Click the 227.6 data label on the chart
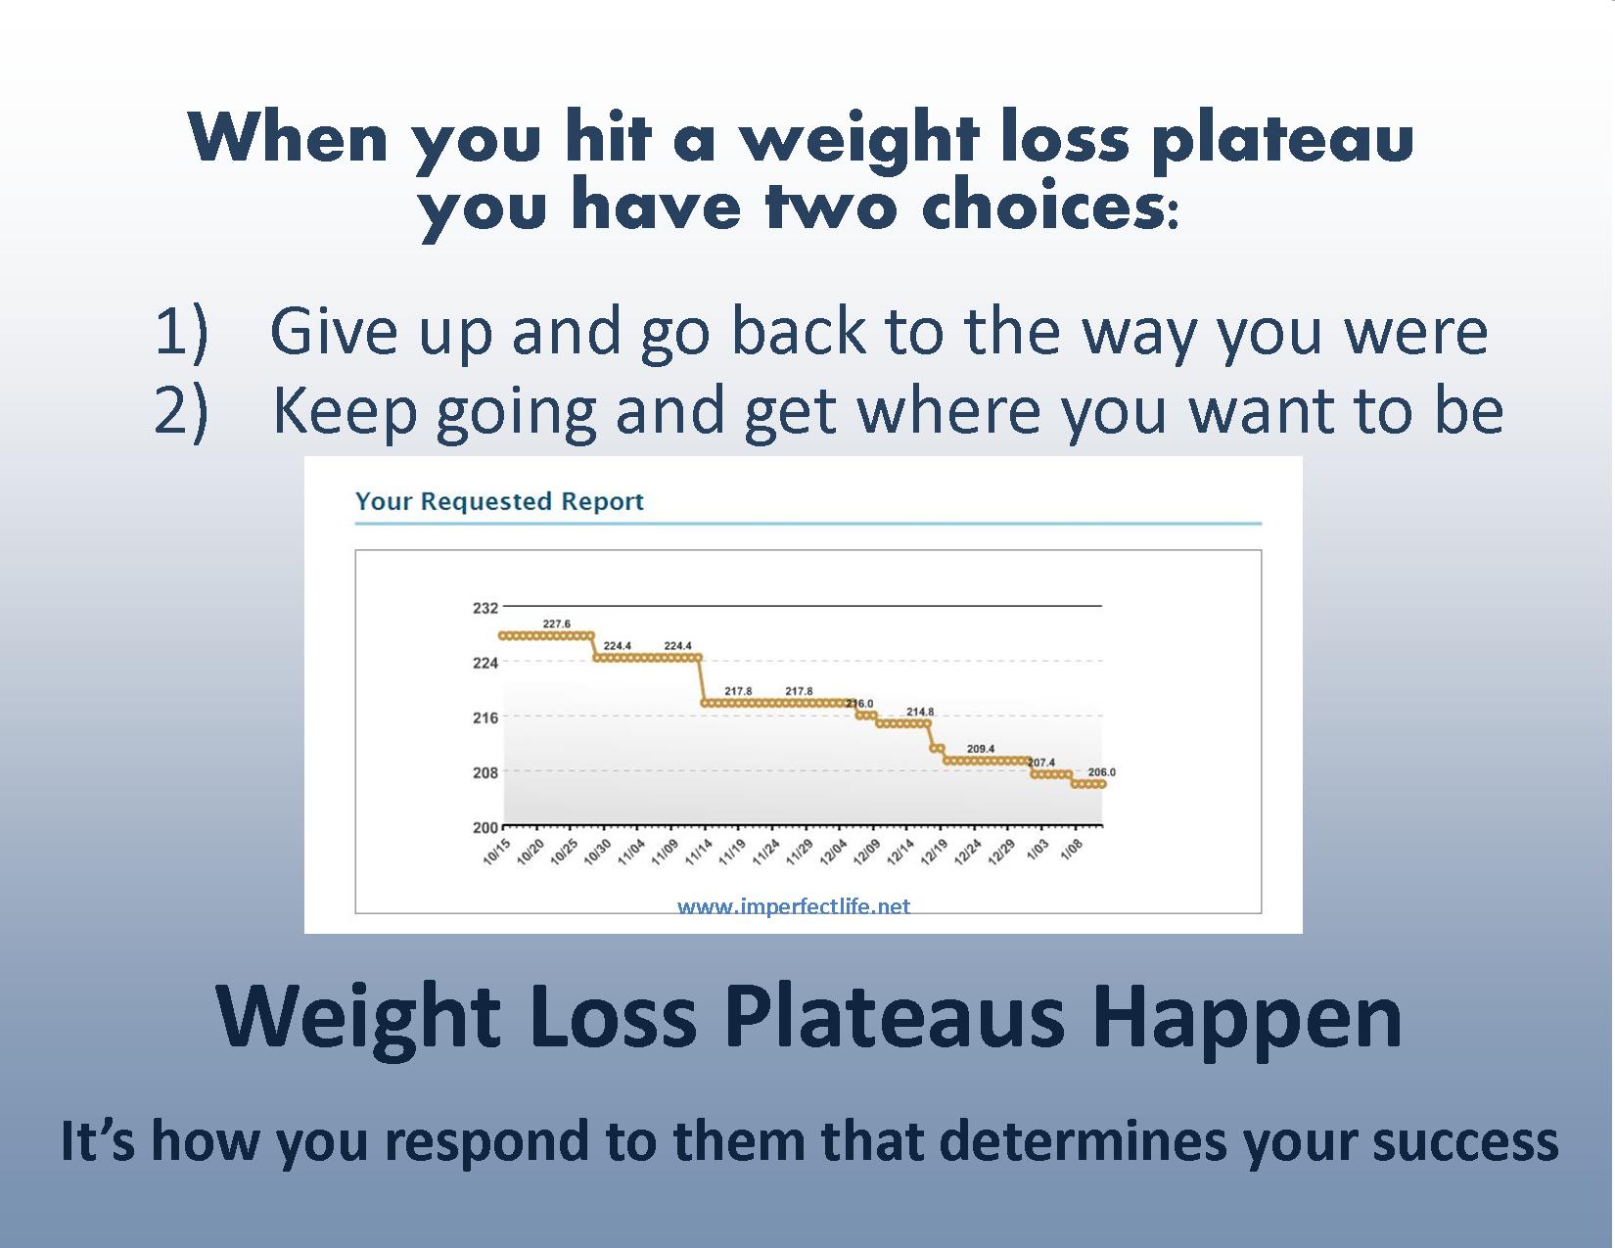[x=557, y=624]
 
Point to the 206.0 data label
[x=1101, y=772]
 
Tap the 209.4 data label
[x=981, y=749]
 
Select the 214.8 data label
[x=920, y=712]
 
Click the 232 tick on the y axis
[x=485, y=608]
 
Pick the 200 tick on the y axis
[x=485, y=827]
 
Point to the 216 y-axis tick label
[x=485, y=718]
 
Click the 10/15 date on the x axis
[x=496, y=852]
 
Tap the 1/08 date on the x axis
[x=1071, y=850]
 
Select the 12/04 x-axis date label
[x=834, y=852]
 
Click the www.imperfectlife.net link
[x=794, y=906]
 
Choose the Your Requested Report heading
[x=499, y=501]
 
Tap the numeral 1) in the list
[x=182, y=332]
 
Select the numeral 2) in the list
[x=181, y=412]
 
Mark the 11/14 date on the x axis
[x=699, y=852]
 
